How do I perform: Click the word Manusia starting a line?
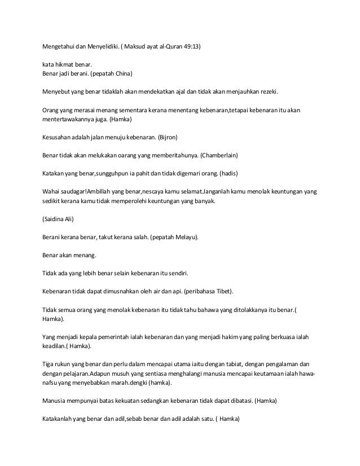tap(56, 401)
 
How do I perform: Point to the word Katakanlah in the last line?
tap(60, 419)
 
